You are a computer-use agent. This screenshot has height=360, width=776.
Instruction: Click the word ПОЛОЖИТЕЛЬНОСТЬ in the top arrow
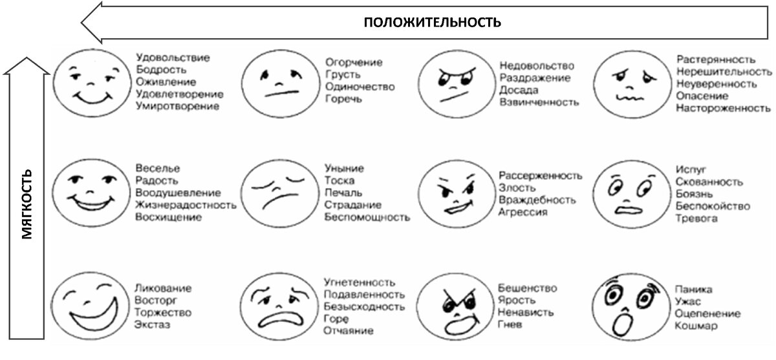click(432, 22)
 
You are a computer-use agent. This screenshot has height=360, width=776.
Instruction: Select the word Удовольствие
click(173, 58)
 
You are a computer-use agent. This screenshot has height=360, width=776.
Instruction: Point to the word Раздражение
click(535, 78)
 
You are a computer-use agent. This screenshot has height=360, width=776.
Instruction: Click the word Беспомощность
click(367, 217)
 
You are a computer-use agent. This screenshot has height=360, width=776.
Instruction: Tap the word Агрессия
click(523, 212)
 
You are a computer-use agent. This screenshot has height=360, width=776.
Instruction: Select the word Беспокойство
click(712, 206)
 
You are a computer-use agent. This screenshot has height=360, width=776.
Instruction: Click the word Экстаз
click(153, 324)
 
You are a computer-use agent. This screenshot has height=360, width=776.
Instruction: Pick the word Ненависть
click(526, 312)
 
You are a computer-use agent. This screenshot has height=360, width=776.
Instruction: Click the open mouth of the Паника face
click(625, 321)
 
